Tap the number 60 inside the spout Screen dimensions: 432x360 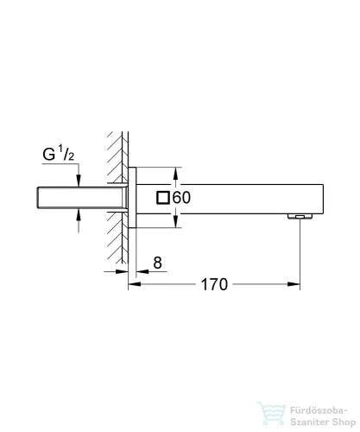(x=181, y=198)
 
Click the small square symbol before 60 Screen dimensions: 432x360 (x=162, y=198)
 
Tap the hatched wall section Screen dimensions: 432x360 (x=117, y=199)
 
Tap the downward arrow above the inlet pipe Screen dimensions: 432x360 (x=79, y=179)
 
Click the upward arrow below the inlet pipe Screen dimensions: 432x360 (x=79, y=217)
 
